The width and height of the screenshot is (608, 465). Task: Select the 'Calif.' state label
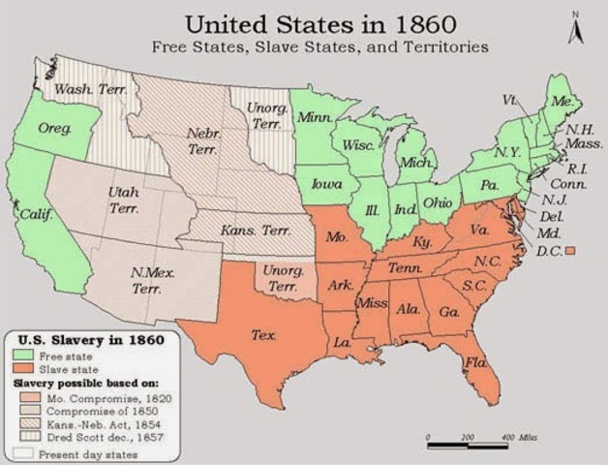37,213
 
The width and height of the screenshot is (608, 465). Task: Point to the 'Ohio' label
439,202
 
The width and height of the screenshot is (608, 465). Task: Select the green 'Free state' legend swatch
23,357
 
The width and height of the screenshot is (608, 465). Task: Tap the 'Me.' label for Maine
560,99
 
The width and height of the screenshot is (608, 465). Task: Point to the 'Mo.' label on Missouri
336,235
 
